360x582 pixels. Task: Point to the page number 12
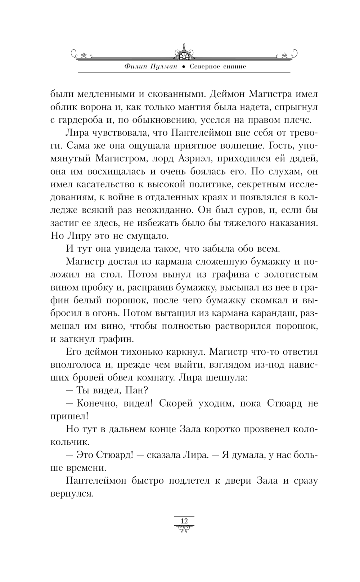184,521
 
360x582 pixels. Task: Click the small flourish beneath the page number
184,528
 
